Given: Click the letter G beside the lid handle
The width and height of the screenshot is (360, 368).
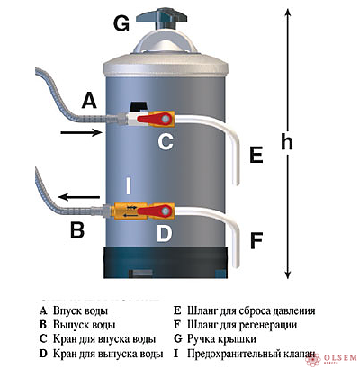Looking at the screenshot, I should click(121, 25).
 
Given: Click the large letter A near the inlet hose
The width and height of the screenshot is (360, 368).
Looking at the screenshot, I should click(88, 101).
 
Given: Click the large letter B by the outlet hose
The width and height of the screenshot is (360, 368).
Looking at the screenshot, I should click(77, 230).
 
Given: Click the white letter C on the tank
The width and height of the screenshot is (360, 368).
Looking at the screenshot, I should click(166, 142).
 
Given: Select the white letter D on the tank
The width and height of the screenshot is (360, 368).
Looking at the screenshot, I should click(164, 237).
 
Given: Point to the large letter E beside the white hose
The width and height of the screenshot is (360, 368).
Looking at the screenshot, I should click(256, 156).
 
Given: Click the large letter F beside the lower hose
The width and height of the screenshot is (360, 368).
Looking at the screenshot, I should click(256, 241).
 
